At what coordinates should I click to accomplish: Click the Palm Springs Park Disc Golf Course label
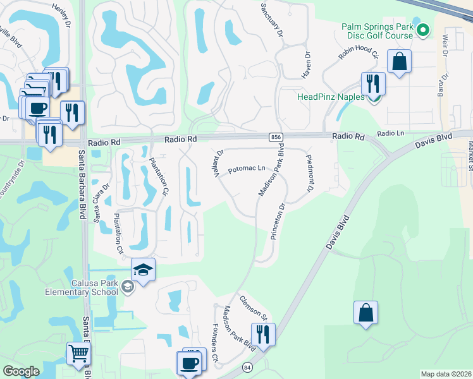tap(378, 32)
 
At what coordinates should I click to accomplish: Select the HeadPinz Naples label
tap(331, 97)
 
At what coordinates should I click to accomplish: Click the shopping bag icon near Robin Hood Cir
tap(400, 62)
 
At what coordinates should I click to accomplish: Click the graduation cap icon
tap(144, 270)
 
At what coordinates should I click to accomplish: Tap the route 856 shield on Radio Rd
tap(276, 137)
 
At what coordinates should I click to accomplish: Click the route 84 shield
tap(247, 366)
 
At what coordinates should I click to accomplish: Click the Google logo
tap(21, 371)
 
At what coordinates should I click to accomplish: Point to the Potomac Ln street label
tap(246, 169)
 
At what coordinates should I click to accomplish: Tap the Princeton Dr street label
tap(278, 221)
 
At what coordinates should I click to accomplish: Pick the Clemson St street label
tap(253, 306)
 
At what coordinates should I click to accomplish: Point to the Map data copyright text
tap(446, 374)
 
